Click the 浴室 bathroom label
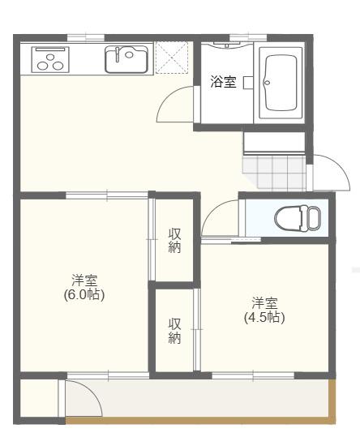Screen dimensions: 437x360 tap(223, 83)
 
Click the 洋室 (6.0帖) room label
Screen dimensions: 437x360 tap(84, 287)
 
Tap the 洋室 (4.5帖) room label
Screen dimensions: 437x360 tap(264, 310)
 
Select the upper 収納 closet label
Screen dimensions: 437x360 tap(174, 241)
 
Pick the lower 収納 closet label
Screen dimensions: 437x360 tap(174, 331)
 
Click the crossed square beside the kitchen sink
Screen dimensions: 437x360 tap(171, 58)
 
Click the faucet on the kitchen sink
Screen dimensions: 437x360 tap(119, 55)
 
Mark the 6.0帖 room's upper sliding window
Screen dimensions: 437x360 tap(106, 195)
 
